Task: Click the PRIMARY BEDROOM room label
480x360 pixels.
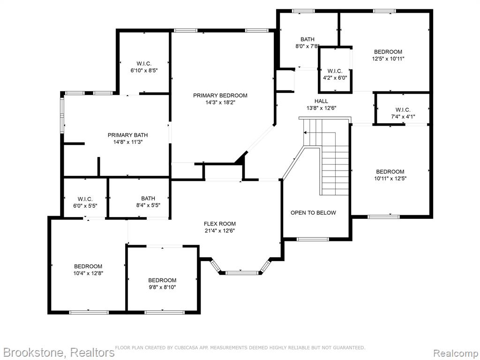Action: click(220, 96)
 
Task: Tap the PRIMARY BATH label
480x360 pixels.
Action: click(127, 135)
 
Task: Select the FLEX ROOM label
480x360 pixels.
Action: click(220, 224)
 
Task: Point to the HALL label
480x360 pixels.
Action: click(321, 101)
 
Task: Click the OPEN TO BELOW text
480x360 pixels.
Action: click(313, 213)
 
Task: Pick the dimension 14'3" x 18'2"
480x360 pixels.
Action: click(220, 103)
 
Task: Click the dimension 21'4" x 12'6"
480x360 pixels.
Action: click(220, 231)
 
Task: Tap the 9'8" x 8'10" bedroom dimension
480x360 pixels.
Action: click(162, 287)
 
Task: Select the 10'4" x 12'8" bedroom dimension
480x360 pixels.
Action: click(88, 273)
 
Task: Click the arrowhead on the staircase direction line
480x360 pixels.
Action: click(305, 133)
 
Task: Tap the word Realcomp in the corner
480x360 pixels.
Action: click(456, 353)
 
